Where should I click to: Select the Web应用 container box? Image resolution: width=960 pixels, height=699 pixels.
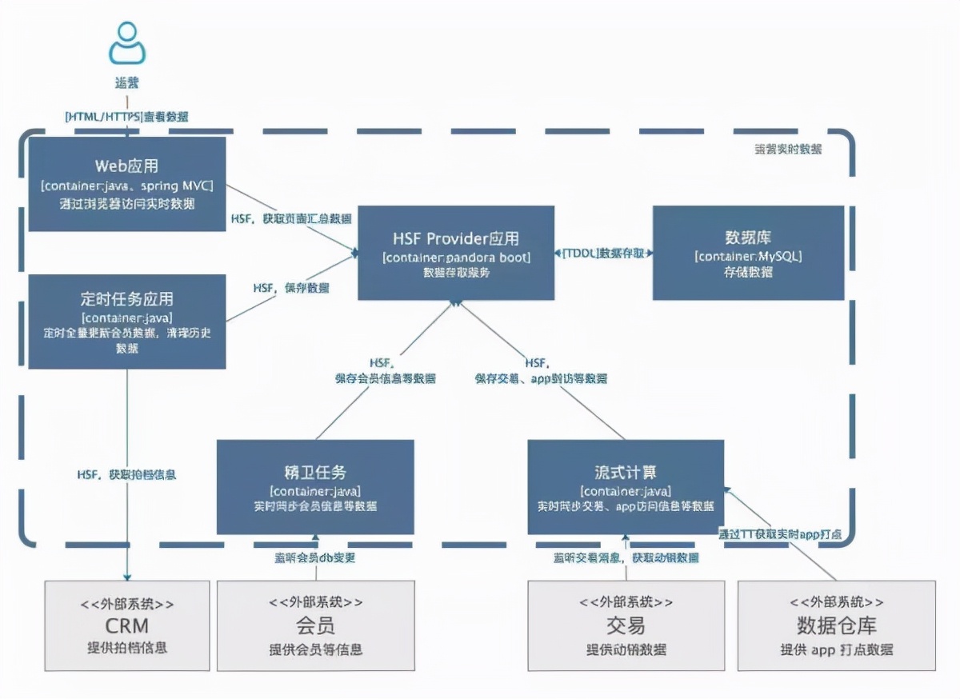[127, 184]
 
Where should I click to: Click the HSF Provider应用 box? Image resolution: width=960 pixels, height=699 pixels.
[456, 253]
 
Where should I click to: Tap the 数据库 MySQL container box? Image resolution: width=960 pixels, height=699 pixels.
[748, 253]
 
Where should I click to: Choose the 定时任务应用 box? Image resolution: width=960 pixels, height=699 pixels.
[127, 322]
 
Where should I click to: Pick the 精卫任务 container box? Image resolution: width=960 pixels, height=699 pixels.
[315, 486]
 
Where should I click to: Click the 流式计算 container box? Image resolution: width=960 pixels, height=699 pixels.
[626, 486]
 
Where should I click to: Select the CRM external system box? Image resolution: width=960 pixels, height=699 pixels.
[127, 625]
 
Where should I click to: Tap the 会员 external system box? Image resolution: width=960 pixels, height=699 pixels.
[315, 625]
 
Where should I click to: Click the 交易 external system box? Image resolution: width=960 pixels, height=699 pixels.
[626, 625]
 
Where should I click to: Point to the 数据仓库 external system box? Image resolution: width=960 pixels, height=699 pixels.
[836, 625]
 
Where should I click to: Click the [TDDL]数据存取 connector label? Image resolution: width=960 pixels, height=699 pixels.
[604, 253]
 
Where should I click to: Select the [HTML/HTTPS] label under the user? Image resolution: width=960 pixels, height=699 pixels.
[127, 117]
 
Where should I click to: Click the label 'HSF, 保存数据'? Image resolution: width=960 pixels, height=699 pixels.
[291, 287]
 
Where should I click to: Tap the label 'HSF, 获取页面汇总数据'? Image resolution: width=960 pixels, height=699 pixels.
[291, 218]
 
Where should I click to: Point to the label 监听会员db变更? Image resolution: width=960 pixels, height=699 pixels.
[315, 557]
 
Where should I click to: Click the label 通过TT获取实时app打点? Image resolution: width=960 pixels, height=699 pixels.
[779, 533]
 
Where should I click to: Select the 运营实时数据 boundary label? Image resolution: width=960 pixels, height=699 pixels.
[788, 149]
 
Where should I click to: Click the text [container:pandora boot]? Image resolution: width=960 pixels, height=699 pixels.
[456, 257]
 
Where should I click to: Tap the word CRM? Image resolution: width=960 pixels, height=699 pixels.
[127, 625]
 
